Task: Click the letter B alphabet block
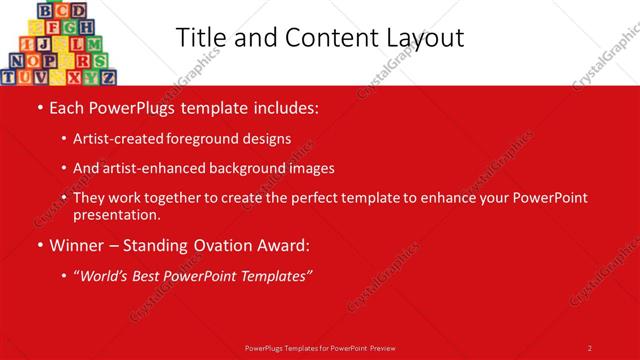45,10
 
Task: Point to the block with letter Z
107,76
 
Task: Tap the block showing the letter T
10,76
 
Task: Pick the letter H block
86,27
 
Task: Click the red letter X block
74,76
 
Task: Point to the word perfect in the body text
364,198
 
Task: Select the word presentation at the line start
116,214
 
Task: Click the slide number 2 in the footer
589,347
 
